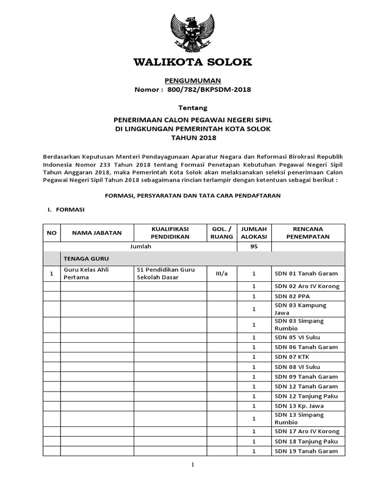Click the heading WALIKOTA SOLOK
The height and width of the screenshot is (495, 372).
point(193,62)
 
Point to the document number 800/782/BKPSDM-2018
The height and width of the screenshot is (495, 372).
point(209,89)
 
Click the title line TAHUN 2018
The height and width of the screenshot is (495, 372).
point(192,138)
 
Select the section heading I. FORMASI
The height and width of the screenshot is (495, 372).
point(65,210)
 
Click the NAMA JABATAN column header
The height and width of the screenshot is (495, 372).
point(97,233)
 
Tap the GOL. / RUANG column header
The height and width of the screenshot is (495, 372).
point(222,233)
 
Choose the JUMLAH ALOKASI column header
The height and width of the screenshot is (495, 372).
point(254,233)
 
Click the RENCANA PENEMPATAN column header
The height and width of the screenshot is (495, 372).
point(308,233)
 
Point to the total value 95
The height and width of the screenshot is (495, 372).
point(254,247)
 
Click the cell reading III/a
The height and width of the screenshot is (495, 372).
point(222,274)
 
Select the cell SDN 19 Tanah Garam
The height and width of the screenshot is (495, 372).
point(306,451)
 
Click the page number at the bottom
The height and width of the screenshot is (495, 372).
point(192,465)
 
